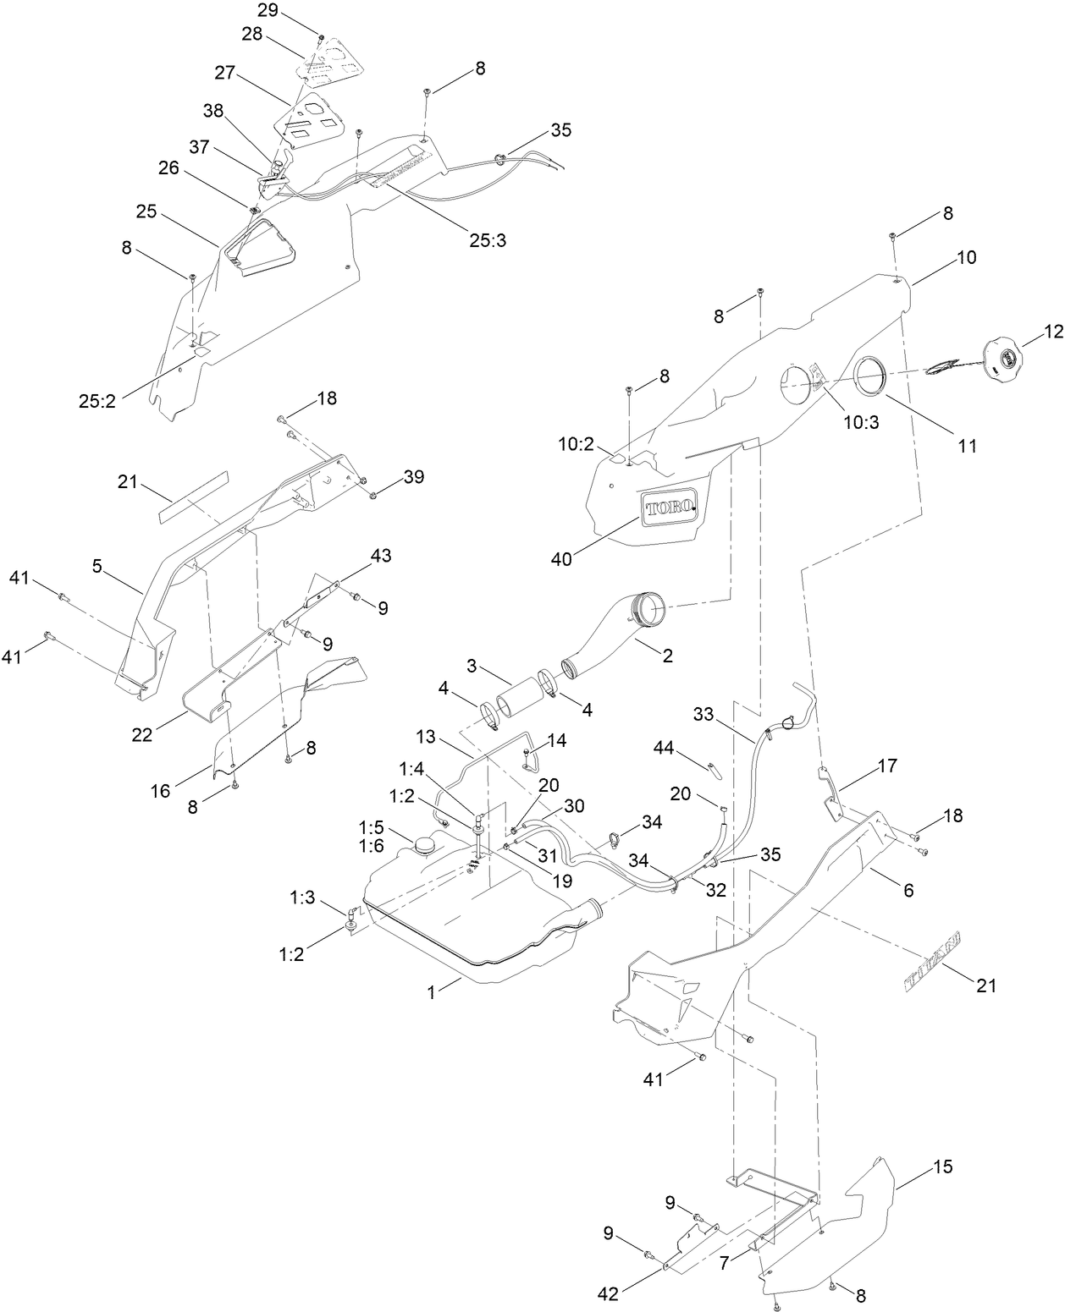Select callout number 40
click(x=561, y=558)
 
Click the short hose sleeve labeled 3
click(x=518, y=701)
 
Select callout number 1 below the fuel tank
click(x=432, y=994)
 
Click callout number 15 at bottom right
click(x=943, y=1167)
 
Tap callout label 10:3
click(x=863, y=422)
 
